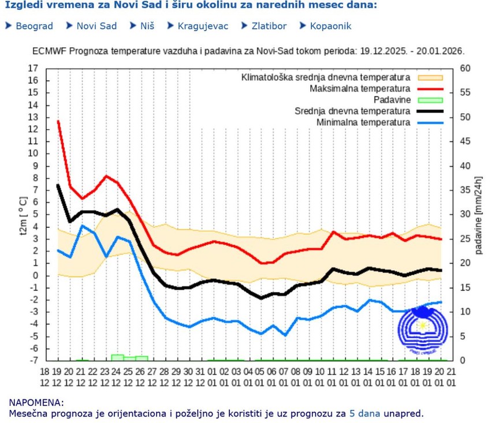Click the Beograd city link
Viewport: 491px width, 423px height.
pyautogui.click(x=34, y=26)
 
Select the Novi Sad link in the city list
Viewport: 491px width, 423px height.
pyautogui.click(x=96, y=26)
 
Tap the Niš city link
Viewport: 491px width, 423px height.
pyautogui.click(x=147, y=26)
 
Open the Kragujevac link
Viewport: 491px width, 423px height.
pyautogui.click(x=203, y=26)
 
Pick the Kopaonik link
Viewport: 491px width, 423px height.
pyautogui.click(x=330, y=26)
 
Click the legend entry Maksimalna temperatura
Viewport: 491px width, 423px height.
pyautogui.click(x=359, y=89)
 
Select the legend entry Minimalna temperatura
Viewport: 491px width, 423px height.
pyautogui.click(x=363, y=122)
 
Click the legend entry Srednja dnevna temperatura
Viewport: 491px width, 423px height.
pyautogui.click(x=352, y=111)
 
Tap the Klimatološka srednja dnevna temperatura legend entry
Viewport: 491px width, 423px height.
pyautogui.click(x=326, y=77)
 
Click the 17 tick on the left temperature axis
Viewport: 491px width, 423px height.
pyautogui.click(x=33, y=68)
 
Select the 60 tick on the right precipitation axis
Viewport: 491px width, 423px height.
pyautogui.click(x=466, y=68)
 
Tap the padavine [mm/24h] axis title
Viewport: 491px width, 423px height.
pyautogui.click(x=479, y=215)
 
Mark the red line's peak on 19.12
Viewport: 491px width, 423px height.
pyautogui.click(x=58, y=121)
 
